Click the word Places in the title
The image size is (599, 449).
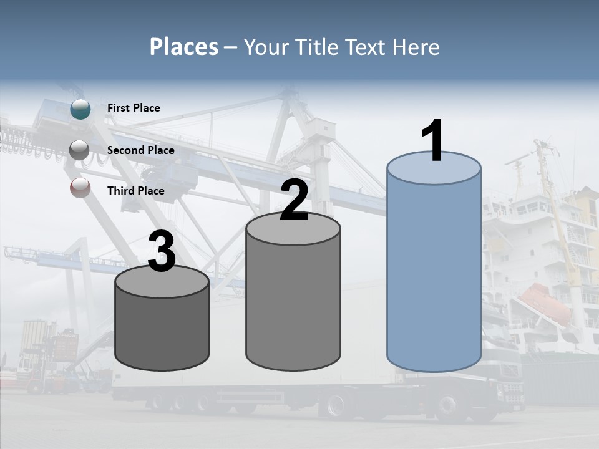coord(184,47)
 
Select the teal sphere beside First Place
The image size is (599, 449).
coord(80,109)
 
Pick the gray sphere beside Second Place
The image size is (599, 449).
coord(80,150)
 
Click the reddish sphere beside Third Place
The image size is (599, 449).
coord(80,188)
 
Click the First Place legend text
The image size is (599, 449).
coord(134,108)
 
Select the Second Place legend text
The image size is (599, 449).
coord(140,150)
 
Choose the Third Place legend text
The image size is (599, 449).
coord(135,191)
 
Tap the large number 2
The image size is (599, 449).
coord(294,200)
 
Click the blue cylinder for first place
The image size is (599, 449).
coord(434,268)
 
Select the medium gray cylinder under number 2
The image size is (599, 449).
coord(293,299)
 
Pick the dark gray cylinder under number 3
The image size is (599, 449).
coord(162,327)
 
